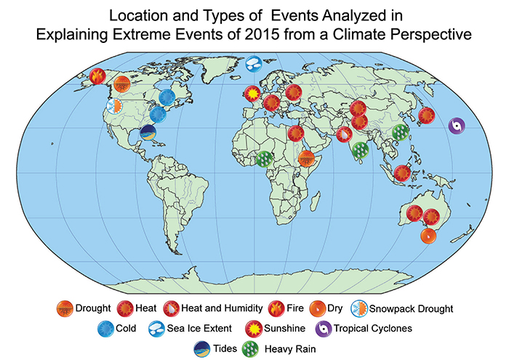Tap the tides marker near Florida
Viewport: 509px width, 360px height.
[148, 132]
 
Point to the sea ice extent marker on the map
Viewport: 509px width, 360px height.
[254, 65]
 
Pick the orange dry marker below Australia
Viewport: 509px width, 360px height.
[428, 236]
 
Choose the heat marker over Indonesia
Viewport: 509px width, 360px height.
[402, 173]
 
